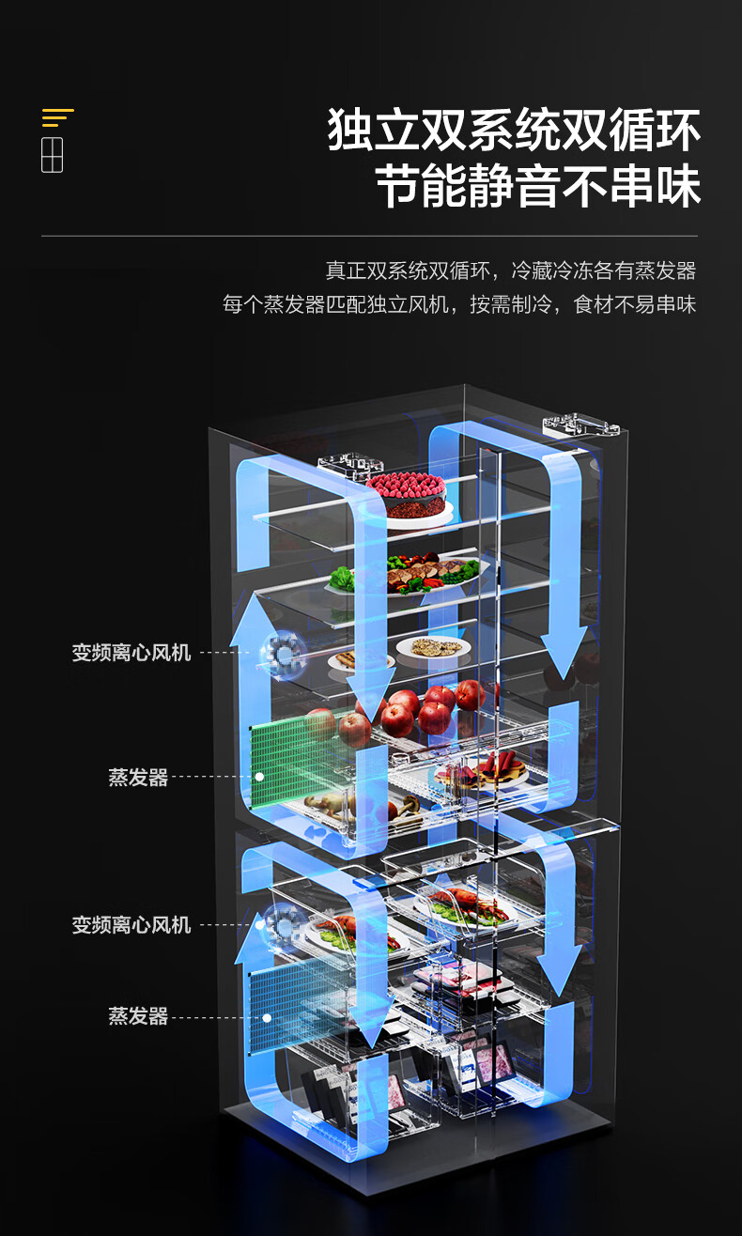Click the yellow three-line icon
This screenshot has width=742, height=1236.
(x=57, y=117)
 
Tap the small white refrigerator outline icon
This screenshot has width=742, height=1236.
(x=53, y=154)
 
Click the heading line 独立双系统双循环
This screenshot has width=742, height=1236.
(x=514, y=131)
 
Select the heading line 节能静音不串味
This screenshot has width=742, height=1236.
(x=538, y=187)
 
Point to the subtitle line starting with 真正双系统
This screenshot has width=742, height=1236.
(x=510, y=270)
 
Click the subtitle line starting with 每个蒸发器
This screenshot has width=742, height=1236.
(x=459, y=304)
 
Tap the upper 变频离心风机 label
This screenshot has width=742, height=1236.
(x=131, y=652)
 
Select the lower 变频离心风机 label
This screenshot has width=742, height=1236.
(x=131, y=925)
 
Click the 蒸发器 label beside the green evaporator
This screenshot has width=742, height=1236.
(x=138, y=777)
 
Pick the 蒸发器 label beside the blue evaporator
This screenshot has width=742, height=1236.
(x=138, y=1016)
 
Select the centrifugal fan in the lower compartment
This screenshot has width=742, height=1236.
(x=281, y=924)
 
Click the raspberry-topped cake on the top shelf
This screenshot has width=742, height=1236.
(x=406, y=494)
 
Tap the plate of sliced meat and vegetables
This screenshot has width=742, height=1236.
(x=427, y=571)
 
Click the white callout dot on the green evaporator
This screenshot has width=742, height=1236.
(x=258, y=777)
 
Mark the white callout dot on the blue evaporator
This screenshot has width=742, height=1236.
(x=267, y=1017)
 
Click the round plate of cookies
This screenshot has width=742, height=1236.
(x=430, y=647)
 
